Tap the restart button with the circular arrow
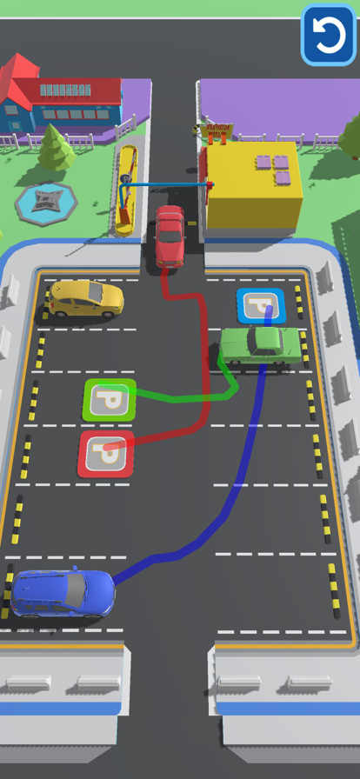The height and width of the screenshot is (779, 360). pos(329,34)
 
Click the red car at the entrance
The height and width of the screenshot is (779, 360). pos(170,236)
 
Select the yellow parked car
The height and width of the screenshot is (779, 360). pos(85,299)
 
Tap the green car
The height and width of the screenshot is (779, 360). pos(261,346)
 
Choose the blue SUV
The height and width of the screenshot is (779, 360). pos(63,593)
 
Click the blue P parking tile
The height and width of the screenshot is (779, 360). pos(261,306)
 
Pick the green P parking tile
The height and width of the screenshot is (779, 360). pos(110,399)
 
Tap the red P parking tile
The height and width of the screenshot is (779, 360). pos(106,454)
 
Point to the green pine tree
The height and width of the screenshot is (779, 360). pos(55,147)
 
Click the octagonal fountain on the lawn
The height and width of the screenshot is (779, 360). pos(46,203)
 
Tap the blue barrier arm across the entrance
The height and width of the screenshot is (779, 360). pos(168,185)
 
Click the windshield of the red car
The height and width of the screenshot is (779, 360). pos(170,236)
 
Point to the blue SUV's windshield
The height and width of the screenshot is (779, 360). pos(76,590)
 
